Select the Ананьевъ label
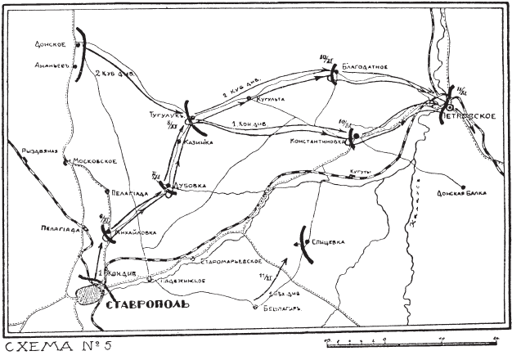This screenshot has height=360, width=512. click(53, 65)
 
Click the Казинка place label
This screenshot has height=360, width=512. click(200, 142)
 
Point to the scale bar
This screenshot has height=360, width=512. click(409, 338)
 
